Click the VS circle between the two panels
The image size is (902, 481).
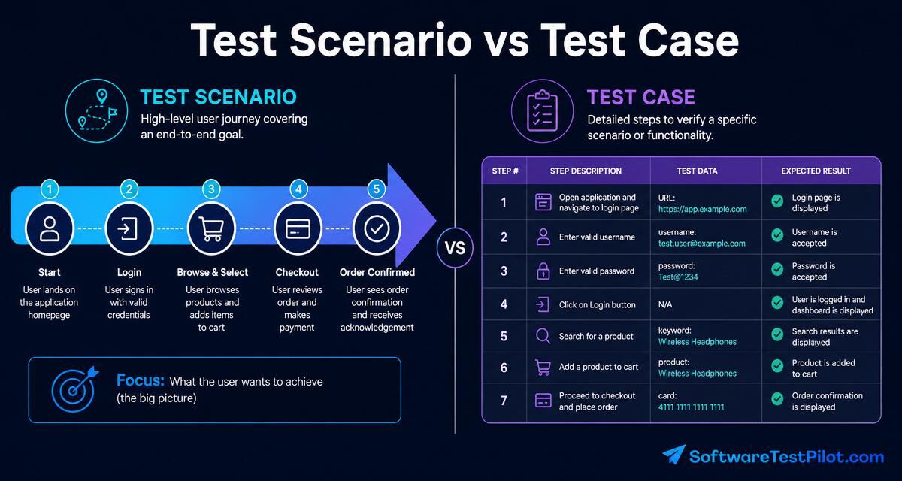click(x=455, y=247)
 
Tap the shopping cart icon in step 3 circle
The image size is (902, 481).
click(x=211, y=228)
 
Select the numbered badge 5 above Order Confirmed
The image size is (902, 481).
click(x=377, y=189)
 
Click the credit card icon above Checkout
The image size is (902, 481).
click(x=298, y=228)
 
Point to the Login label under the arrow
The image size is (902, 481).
click(x=129, y=273)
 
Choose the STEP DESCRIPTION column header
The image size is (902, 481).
click(x=586, y=171)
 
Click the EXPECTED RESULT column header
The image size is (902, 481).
click(x=816, y=171)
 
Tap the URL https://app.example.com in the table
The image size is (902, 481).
click(x=702, y=209)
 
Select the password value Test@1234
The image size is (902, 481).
click(x=678, y=277)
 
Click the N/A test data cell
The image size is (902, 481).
click(x=665, y=304)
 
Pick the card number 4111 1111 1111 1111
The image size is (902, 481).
click(x=691, y=407)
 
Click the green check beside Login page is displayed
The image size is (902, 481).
click(x=777, y=201)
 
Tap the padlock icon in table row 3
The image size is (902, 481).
click(x=543, y=271)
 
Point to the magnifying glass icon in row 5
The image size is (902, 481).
click(x=543, y=336)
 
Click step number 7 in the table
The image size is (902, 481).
click(x=504, y=401)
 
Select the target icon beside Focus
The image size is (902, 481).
click(x=75, y=389)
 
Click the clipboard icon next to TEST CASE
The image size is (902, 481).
click(x=543, y=110)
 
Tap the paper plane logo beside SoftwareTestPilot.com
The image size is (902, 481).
click(x=674, y=455)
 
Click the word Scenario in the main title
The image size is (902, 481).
click(x=380, y=41)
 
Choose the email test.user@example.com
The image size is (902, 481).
click(x=702, y=244)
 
